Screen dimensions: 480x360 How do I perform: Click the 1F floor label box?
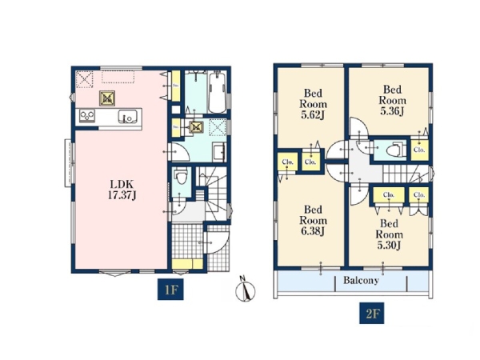170,289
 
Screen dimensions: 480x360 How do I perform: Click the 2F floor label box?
372,313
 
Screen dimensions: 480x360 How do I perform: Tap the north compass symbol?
245,290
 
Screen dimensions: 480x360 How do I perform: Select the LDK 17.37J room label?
122,190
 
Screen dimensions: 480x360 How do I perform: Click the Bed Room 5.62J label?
313,104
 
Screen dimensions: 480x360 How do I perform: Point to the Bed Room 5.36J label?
393,101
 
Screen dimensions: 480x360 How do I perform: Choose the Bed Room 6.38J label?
313,221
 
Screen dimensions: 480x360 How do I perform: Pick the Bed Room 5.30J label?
389,234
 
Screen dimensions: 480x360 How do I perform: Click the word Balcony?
361,280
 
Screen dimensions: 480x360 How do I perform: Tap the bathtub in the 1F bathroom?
218,92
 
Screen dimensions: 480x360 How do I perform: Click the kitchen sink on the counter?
128,116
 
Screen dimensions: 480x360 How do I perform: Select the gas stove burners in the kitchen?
87,116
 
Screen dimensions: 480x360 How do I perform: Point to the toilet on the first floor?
182,177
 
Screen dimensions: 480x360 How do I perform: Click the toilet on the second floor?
396,150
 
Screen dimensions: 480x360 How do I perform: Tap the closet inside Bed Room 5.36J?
419,150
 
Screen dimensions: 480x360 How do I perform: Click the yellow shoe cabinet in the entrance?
187,264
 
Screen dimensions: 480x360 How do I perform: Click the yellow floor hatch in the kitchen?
107,98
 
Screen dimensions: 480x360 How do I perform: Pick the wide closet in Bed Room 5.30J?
389,195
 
